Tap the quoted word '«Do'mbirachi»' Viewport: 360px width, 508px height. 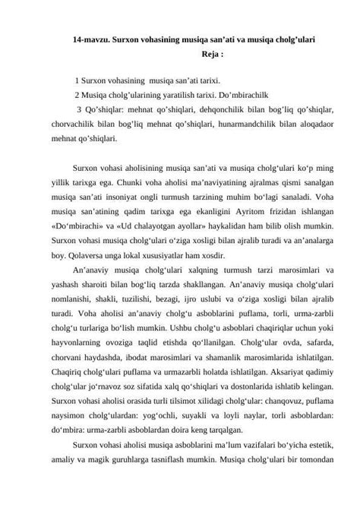tap(77, 226)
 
